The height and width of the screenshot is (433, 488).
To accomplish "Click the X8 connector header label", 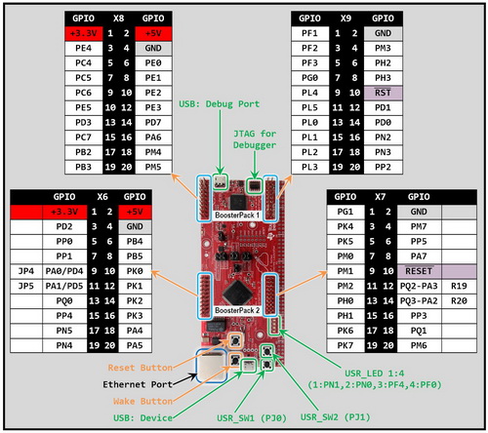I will [118, 18].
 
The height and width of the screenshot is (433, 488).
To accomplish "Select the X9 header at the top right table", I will [348, 18].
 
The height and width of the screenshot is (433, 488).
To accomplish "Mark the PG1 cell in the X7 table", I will [345, 211].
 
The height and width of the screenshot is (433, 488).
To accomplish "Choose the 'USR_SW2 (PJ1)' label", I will [339, 417].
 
